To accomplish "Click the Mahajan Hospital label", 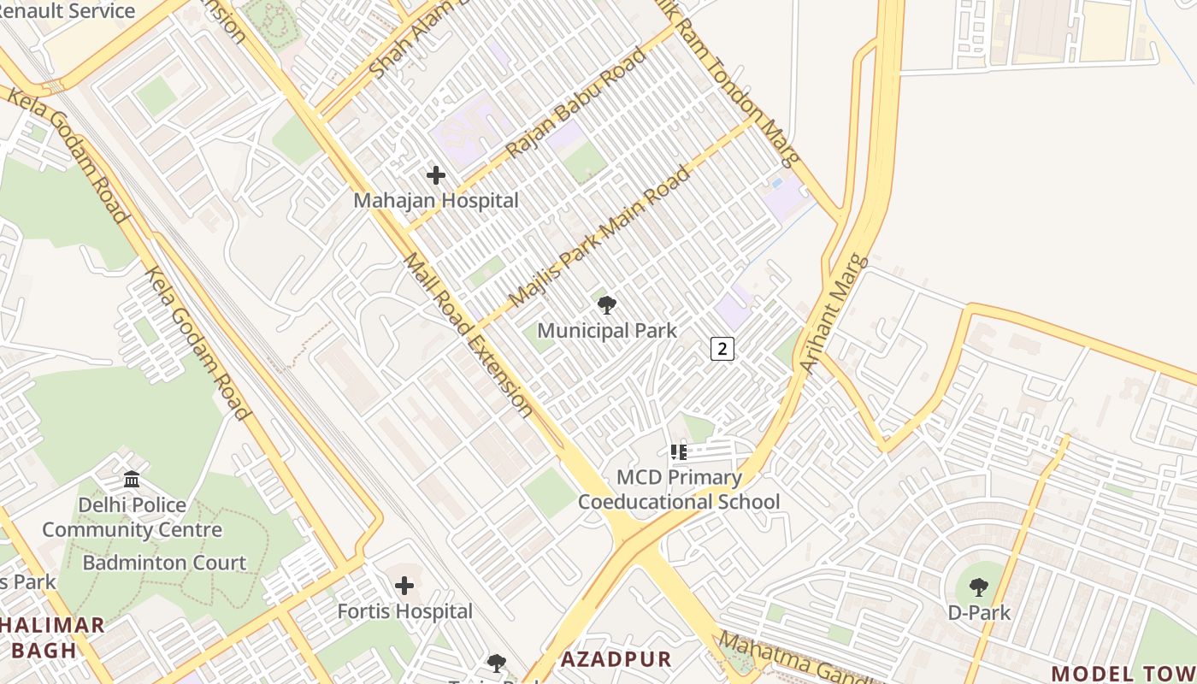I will tap(436, 201).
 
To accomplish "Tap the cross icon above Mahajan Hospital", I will tap(436, 175).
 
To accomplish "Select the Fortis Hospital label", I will tap(404, 611).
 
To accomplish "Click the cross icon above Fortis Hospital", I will tap(404, 586).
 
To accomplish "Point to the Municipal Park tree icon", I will tap(607, 304).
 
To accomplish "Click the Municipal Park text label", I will tap(607, 330).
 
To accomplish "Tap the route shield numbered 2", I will tap(722, 348).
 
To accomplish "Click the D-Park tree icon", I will tap(979, 587).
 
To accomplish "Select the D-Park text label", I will tap(979, 612).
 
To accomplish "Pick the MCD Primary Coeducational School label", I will tap(679, 489).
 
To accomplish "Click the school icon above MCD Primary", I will tap(679, 451).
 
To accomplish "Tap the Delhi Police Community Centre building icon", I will tap(132, 479).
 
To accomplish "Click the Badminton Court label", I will tap(164, 563).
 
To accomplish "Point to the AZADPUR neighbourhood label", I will tap(616, 659).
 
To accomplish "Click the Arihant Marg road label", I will tap(834, 314).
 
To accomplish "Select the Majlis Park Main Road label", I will tap(599, 237).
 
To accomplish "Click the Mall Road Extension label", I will tap(469, 333).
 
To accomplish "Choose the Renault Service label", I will tap(68, 11).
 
